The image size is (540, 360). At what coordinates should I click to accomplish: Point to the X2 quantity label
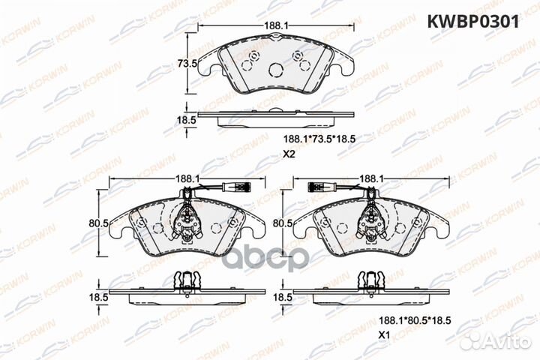click(289, 156)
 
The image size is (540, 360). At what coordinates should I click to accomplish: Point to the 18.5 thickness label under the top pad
click(187, 119)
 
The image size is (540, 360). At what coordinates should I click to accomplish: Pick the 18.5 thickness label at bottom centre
click(283, 298)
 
